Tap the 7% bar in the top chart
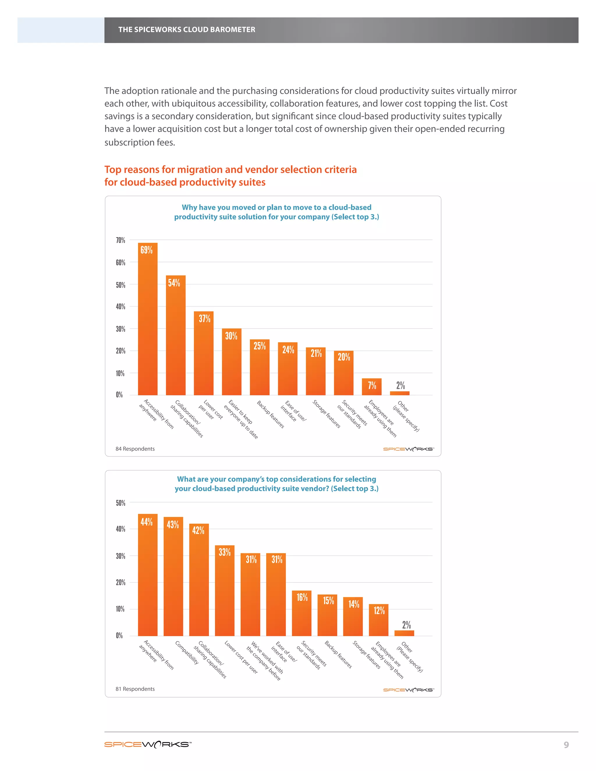[371, 387]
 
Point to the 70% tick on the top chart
[120, 240]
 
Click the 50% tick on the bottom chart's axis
[120, 503]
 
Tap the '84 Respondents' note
[135, 449]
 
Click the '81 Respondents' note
[135, 689]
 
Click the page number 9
[566, 745]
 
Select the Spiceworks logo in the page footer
[148, 745]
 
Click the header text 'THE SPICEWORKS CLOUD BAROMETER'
[187, 30]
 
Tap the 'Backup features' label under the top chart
[270, 414]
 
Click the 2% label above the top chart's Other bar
[400, 385]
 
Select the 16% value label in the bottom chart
[302, 597]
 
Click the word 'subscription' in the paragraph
[126, 143]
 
